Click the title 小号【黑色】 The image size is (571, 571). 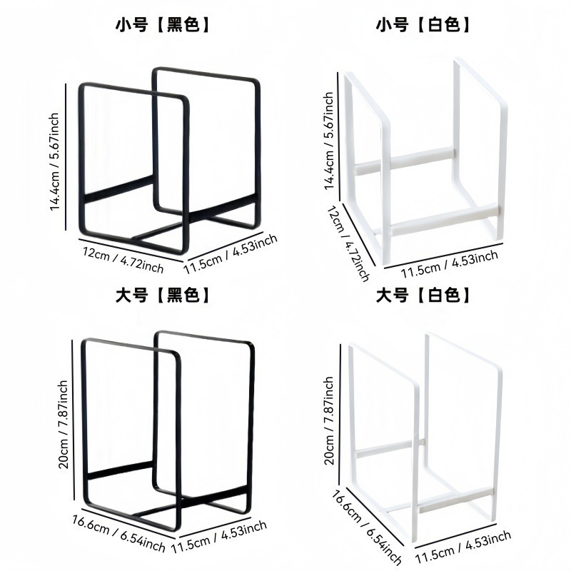tap(163, 26)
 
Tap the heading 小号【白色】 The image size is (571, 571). tap(424, 26)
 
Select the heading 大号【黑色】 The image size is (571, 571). tap(163, 295)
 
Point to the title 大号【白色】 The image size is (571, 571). tap(424, 295)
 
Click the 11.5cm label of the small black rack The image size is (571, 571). tap(230, 254)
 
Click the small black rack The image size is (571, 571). tap(169, 161)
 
